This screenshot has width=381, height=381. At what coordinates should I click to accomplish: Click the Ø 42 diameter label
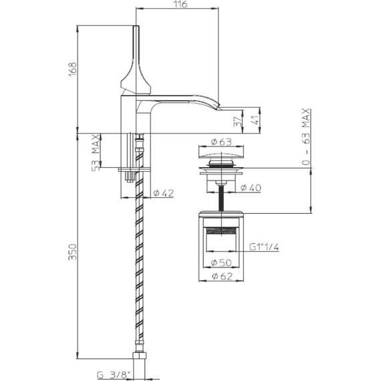pos(163,193)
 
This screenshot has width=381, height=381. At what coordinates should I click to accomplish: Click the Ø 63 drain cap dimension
pos(221,141)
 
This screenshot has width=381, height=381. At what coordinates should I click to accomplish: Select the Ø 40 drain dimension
pos(248,188)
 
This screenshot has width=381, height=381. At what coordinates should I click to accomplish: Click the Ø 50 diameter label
pos(221,261)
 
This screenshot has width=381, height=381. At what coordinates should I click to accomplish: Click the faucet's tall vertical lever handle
pos(138,53)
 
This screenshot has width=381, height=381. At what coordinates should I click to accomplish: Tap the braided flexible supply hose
pos(141,267)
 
